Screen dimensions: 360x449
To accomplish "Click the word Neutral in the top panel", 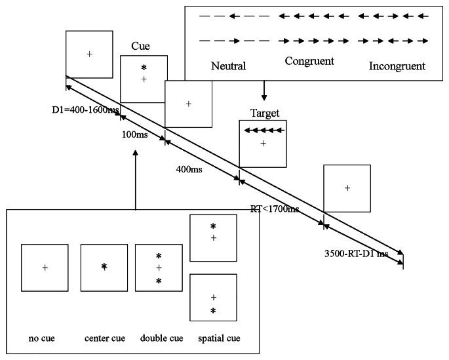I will pyautogui.click(x=228, y=66).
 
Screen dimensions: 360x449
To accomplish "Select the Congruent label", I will pyautogui.click(x=309, y=61).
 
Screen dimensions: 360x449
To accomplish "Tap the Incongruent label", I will pyautogui.click(x=397, y=66).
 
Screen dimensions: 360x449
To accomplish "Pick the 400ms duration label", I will pyautogui.click(x=189, y=170).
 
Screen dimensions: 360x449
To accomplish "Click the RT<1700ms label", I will pyautogui.click(x=275, y=209).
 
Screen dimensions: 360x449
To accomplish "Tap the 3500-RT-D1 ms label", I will pyautogui.click(x=357, y=252).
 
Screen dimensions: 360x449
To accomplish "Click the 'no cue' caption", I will pyautogui.click(x=42, y=338).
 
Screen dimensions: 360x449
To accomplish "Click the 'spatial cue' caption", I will pyautogui.click(x=218, y=338).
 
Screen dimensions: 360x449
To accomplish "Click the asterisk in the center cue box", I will pyautogui.click(x=104, y=267).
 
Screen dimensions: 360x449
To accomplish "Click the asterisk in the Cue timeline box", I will pyautogui.click(x=144, y=68).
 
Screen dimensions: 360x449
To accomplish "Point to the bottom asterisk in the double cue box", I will pyautogui.click(x=159, y=281).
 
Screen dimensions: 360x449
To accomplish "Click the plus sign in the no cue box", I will pyautogui.click(x=45, y=267).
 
